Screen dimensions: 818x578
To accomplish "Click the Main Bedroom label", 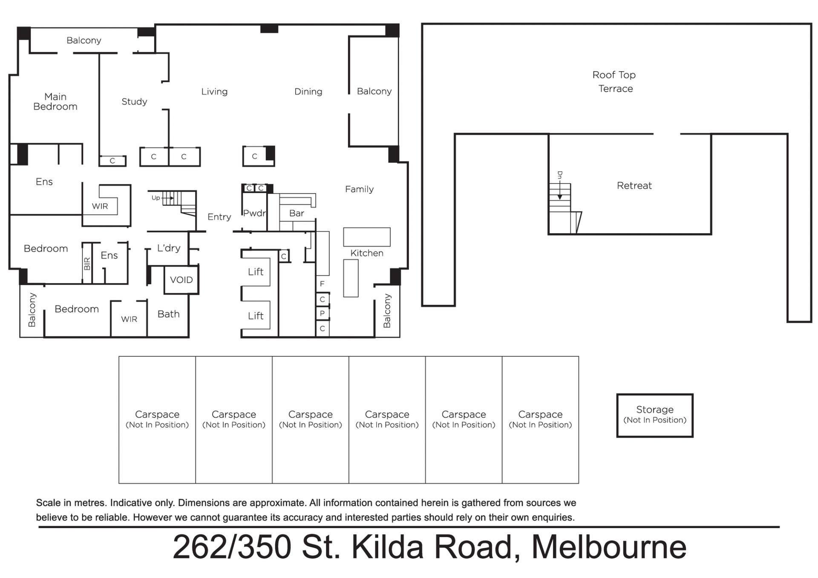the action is click(x=55, y=101).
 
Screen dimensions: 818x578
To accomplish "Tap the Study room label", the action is click(x=134, y=101).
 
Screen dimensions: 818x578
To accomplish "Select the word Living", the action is click(x=214, y=92).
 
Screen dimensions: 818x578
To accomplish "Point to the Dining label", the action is click(x=308, y=92).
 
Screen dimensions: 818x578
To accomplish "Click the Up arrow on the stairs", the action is click(x=168, y=198).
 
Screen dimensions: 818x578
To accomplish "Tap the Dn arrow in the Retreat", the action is click(x=560, y=191).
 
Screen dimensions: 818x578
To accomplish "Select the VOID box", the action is click(x=181, y=280).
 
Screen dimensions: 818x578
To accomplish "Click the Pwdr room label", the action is click(x=254, y=213).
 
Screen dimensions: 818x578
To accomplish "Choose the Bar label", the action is click(x=297, y=213).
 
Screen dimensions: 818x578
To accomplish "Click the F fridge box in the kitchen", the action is click(x=323, y=283).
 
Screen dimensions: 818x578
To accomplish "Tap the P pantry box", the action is click(x=323, y=313).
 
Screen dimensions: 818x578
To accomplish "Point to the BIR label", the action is click(x=87, y=264).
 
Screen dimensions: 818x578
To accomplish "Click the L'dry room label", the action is click(x=169, y=248).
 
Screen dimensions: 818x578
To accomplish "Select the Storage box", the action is click(x=655, y=415).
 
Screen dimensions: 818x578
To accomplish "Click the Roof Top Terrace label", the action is click(x=614, y=81).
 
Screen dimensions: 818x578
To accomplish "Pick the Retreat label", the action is click(x=634, y=185).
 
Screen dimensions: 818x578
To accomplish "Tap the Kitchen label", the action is click(x=367, y=253).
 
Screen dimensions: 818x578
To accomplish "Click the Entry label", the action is click(x=219, y=217).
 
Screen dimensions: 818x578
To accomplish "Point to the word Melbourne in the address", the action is click(x=609, y=547).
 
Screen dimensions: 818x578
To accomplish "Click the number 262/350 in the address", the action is click(x=232, y=547).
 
